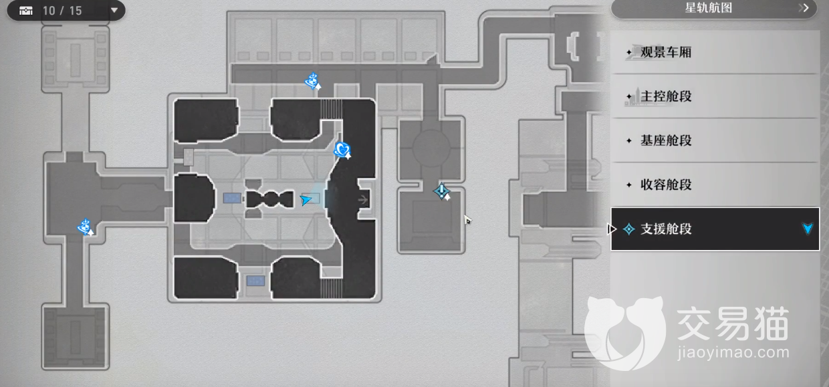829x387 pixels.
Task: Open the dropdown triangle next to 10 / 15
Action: tap(114, 11)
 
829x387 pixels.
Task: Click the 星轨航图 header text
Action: tap(709, 8)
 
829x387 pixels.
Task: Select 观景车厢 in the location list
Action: tap(666, 52)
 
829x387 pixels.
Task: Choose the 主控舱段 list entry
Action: tap(666, 96)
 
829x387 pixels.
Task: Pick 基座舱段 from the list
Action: tap(666, 140)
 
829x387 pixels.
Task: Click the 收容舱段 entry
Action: tap(666, 184)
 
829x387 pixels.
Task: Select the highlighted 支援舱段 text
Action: tap(666, 229)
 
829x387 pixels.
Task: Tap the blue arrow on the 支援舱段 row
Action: tap(808, 229)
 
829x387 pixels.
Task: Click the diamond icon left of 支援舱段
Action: tap(628, 229)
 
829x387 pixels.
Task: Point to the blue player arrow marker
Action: tap(306, 199)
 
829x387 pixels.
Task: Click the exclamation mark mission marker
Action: tap(441, 192)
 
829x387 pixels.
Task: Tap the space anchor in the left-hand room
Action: tap(85, 227)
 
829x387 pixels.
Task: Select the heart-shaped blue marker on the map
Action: tap(342, 150)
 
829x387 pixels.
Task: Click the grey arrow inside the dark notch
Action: tap(364, 199)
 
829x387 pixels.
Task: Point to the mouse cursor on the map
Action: tap(467, 219)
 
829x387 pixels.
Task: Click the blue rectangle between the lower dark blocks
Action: tap(255, 281)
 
